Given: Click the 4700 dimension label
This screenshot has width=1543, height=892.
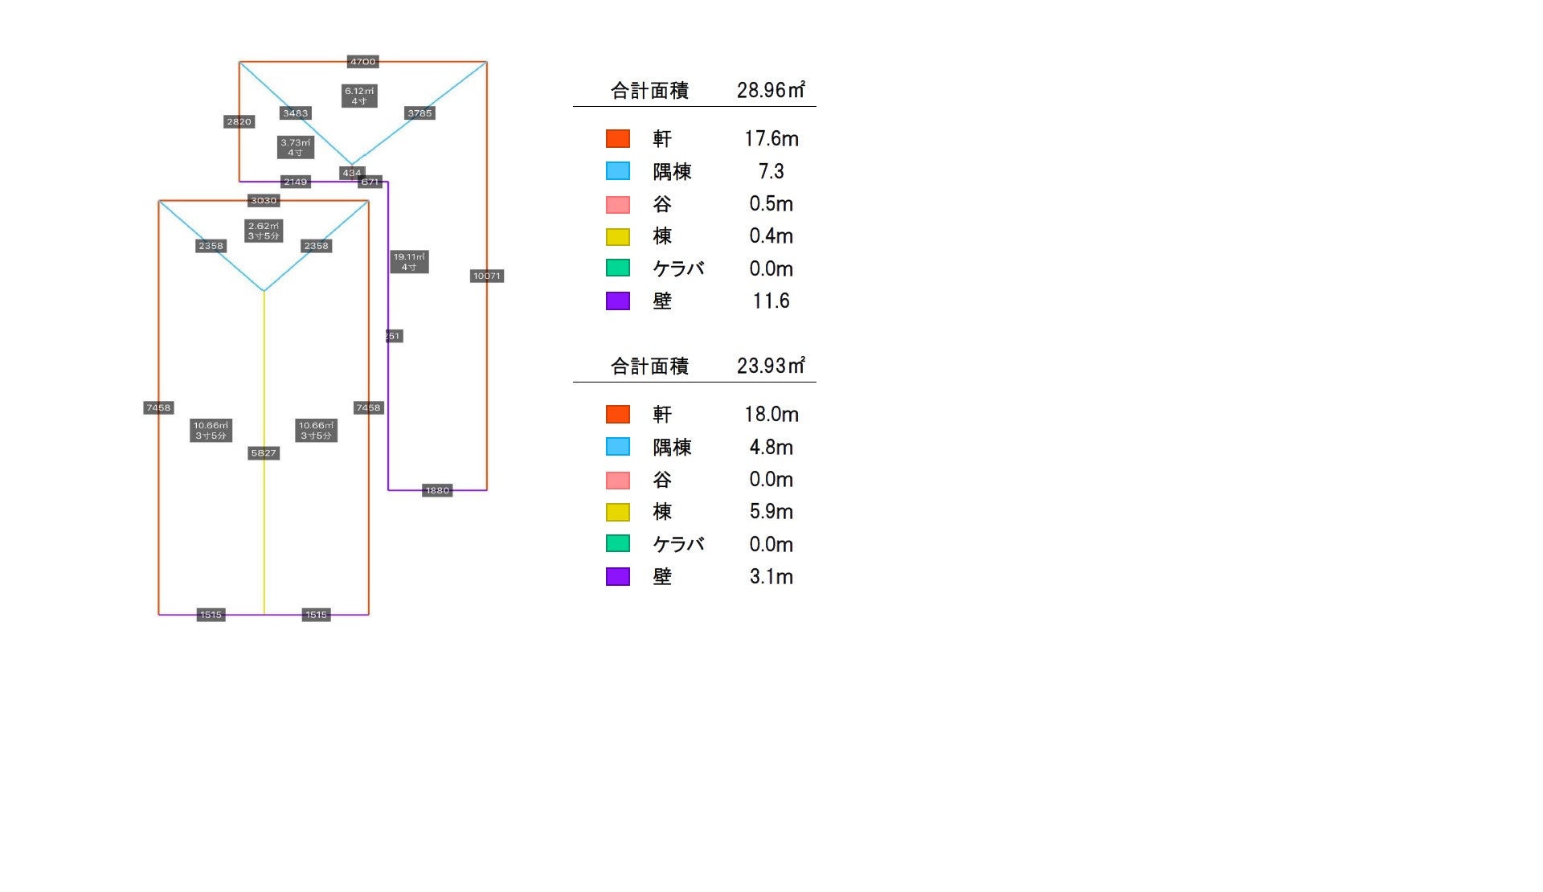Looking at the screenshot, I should (362, 62).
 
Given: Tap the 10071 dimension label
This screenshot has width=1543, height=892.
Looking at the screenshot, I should (487, 276).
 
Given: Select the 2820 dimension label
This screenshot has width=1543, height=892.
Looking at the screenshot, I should (239, 122).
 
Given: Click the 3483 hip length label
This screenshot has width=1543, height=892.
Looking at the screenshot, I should (295, 113).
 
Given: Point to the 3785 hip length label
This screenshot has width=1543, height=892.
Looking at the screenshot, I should (420, 113).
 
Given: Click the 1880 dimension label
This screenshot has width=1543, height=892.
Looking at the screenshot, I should (437, 490).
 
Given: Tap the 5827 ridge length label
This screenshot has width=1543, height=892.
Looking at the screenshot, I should (264, 453).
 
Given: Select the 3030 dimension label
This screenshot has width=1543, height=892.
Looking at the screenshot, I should (264, 201).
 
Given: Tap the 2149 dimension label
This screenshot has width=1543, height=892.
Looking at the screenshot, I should (295, 182).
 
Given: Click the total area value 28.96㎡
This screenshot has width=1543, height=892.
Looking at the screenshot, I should (771, 90).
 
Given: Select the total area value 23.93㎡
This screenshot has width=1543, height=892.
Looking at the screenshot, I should (771, 366).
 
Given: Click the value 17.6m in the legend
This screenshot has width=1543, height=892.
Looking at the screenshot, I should (771, 139).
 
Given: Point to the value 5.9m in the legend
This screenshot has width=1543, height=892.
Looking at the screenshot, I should (771, 512).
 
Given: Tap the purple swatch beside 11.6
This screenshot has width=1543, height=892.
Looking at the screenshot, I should (617, 301).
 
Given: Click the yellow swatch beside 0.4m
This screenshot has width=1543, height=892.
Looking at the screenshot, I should (617, 236).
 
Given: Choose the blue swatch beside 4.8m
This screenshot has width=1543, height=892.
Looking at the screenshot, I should (617, 447).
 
